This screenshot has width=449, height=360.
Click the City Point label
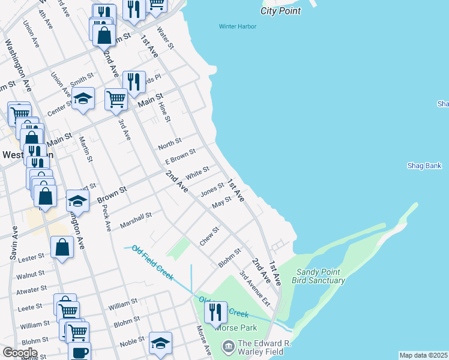[x=280, y=11]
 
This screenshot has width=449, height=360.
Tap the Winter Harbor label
[x=238, y=26]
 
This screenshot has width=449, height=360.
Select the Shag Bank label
[x=424, y=166]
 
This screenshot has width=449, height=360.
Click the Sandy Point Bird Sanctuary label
[x=319, y=277]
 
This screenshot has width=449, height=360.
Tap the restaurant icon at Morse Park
[x=213, y=311]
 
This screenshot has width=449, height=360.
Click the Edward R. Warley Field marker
[x=228, y=346]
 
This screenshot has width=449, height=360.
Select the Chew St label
[x=210, y=235]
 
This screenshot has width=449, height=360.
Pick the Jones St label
[x=212, y=190]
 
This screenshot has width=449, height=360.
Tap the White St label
[x=197, y=174]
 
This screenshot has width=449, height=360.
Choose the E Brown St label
[x=181, y=158]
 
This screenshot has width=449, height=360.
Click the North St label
[x=170, y=145]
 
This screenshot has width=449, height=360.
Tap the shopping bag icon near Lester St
[x=62, y=246]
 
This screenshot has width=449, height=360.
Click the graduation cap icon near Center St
[x=83, y=98]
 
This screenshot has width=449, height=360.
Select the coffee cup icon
[x=79, y=352]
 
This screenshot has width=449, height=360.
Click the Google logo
[x=20, y=353]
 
